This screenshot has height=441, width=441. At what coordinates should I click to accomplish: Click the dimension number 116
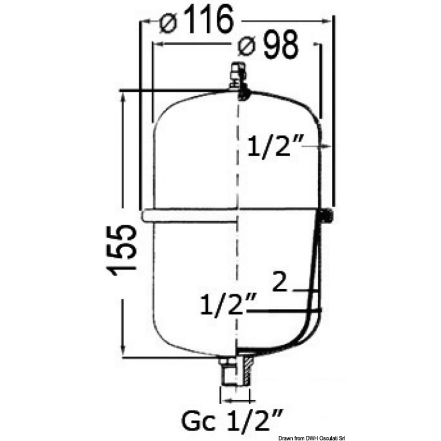209,19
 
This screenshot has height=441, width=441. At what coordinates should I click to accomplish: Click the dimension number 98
280,44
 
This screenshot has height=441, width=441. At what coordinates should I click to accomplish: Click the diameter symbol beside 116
168,22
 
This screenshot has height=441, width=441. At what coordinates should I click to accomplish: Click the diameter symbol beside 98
246,46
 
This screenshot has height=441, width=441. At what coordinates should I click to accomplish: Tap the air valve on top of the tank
238,75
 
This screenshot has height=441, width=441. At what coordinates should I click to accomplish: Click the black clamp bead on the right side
327,215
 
